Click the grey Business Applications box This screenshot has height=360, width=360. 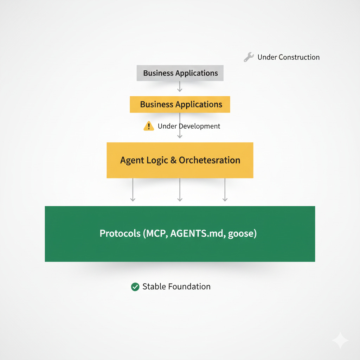[x=180, y=73]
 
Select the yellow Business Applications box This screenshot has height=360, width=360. [x=180, y=104]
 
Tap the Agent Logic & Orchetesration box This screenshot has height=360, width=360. [x=180, y=160]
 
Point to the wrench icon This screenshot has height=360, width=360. [x=249, y=57]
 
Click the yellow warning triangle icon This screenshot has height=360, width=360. [x=149, y=126]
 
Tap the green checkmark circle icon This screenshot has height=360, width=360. [x=135, y=287]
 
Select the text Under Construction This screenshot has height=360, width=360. [x=288, y=57]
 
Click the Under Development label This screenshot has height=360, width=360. [x=189, y=126]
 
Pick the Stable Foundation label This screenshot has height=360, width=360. [x=176, y=287]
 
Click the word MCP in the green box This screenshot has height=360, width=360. [x=156, y=234]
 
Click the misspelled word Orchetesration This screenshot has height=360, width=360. [x=210, y=160]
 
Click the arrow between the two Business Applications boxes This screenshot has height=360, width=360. [x=180, y=86]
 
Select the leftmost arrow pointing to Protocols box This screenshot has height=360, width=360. [x=133, y=190]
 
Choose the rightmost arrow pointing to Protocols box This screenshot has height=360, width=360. [x=225, y=190]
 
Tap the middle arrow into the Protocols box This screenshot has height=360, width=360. [x=180, y=190]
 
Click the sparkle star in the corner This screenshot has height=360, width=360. [x=340, y=340]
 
